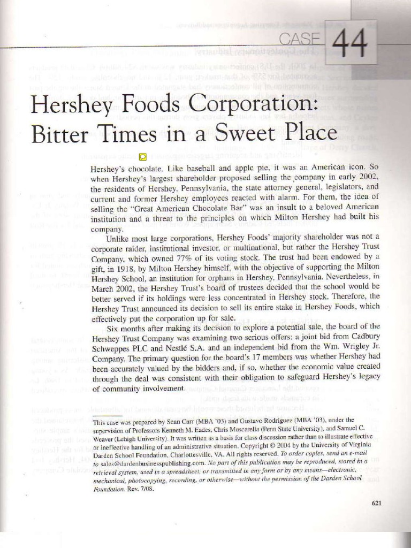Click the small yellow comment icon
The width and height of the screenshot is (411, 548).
(x=143, y=156)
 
